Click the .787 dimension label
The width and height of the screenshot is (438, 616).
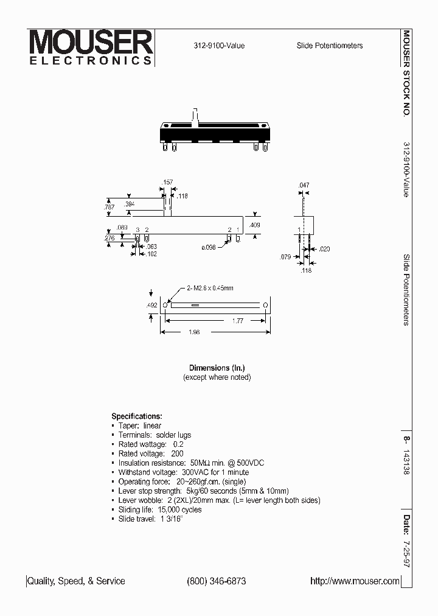[109, 208]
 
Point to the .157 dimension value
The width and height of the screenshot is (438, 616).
[167, 182]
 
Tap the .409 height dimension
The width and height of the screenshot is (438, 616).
[255, 225]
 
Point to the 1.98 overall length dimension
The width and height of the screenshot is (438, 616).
[194, 332]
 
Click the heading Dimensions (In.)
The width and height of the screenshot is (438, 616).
[217, 368]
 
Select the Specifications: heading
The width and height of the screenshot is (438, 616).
[137, 416]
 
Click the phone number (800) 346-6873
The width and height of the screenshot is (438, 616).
[216, 581]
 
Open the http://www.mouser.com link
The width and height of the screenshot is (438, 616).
[355, 581]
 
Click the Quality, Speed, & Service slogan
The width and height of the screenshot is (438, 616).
[77, 581]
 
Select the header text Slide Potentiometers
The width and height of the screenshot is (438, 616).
[330, 46]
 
